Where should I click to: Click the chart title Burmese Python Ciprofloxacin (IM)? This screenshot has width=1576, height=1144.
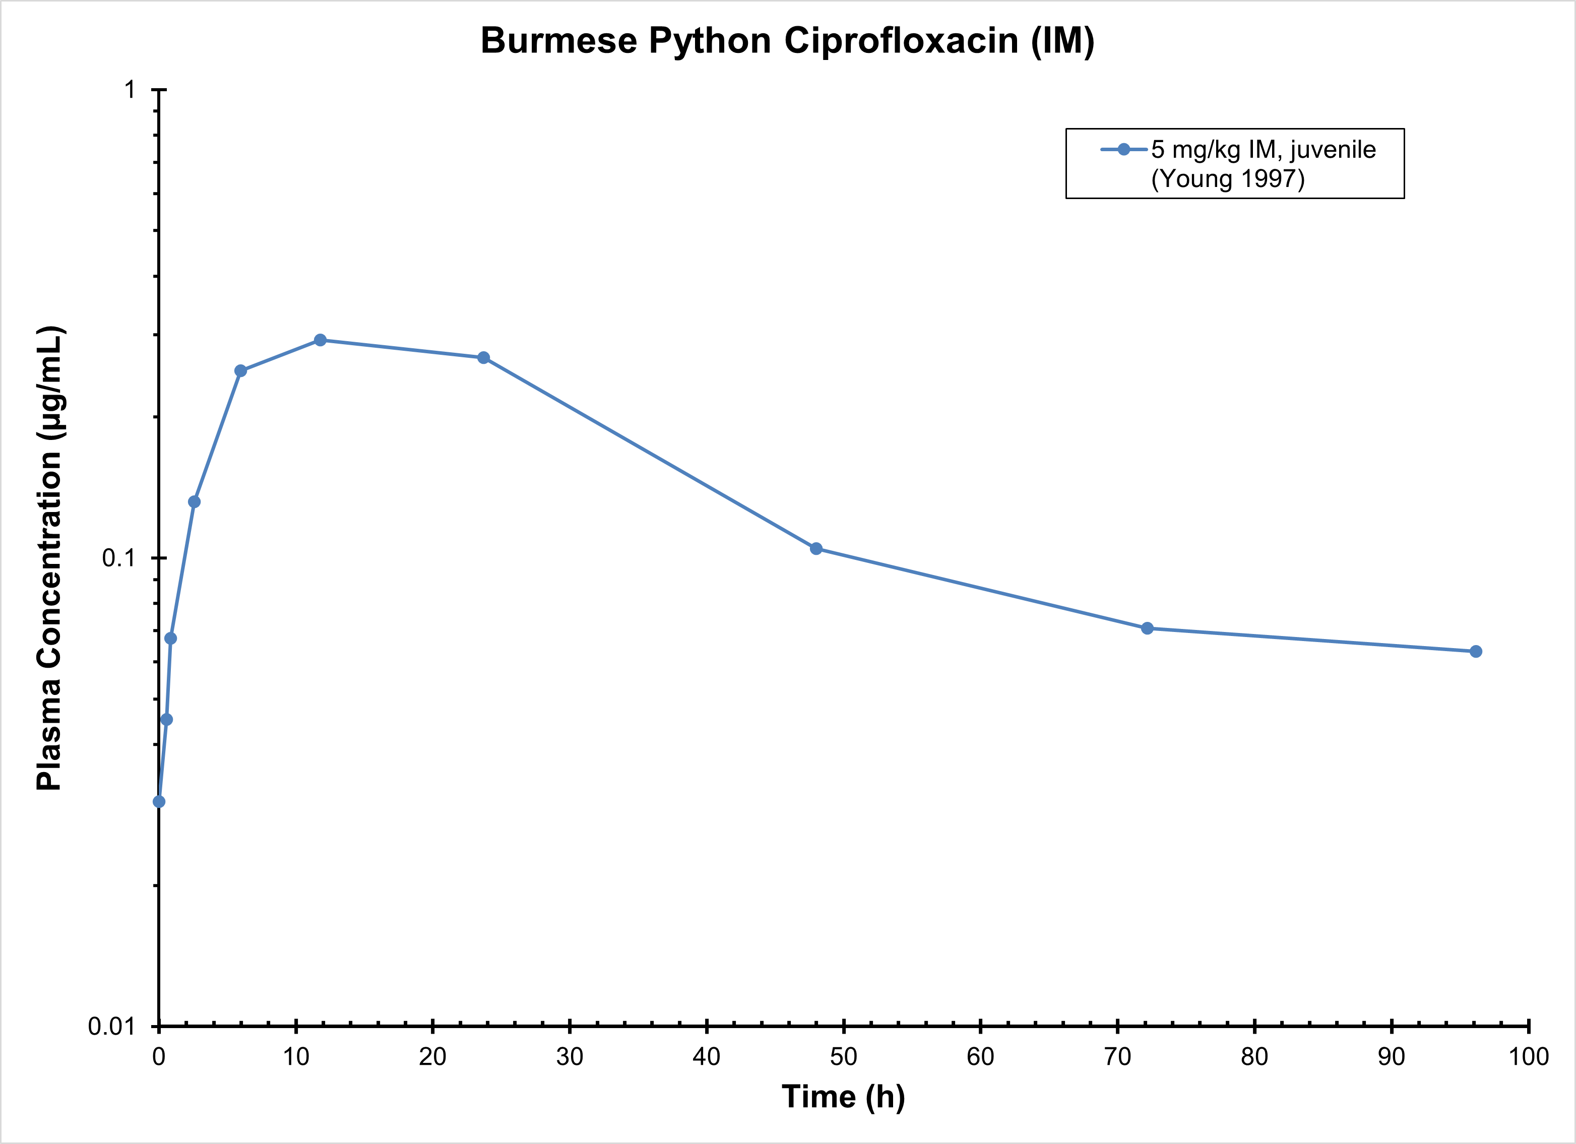click(x=787, y=40)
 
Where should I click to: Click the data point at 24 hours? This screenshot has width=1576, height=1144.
click(x=484, y=358)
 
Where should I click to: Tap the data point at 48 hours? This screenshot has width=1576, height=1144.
click(x=816, y=548)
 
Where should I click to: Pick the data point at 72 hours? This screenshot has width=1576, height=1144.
click(x=1147, y=628)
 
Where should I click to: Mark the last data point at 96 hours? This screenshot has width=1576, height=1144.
click(x=1476, y=651)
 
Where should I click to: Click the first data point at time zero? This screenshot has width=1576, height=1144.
click(x=159, y=801)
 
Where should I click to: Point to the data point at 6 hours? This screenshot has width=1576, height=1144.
click(x=240, y=370)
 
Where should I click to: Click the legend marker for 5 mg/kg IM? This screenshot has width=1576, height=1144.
click(x=1123, y=150)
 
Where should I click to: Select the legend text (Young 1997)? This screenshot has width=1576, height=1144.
click(x=1228, y=179)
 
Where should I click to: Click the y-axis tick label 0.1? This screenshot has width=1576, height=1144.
click(x=117, y=557)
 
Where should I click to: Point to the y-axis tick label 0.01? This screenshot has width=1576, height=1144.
click(x=111, y=1026)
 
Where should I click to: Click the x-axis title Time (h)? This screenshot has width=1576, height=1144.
click(x=843, y=1097)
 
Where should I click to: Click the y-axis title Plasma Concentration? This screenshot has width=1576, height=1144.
click(x=50, y=557)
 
